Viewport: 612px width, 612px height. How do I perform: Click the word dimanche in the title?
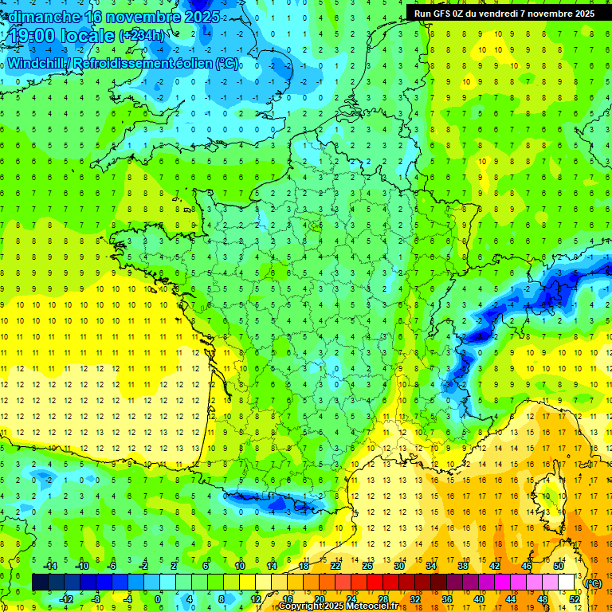(45, 17)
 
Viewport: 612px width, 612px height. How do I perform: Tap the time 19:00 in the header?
(33, 35)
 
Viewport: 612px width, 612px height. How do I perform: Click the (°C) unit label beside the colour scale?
(593, 583)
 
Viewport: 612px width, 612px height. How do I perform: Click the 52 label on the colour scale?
(574, 599)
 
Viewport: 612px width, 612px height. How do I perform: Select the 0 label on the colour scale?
(158, 599)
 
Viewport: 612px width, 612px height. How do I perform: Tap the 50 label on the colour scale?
(559, 566)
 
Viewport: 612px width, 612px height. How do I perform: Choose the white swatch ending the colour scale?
(567, 583)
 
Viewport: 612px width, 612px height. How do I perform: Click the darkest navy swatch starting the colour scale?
(40, 583)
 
